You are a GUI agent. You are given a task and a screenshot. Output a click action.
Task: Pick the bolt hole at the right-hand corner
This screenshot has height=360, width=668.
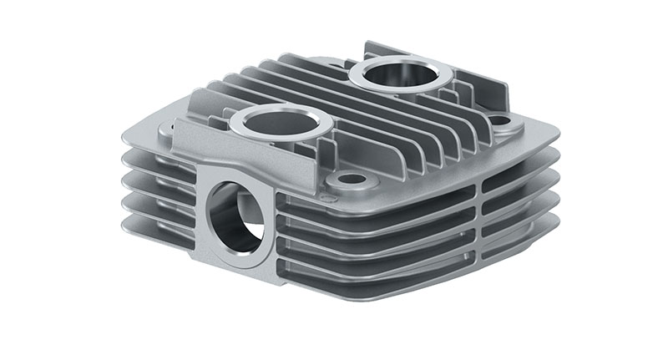[x=500, y=120]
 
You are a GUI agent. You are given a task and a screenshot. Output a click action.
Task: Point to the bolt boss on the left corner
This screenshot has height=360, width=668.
[x=167, y=129]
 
